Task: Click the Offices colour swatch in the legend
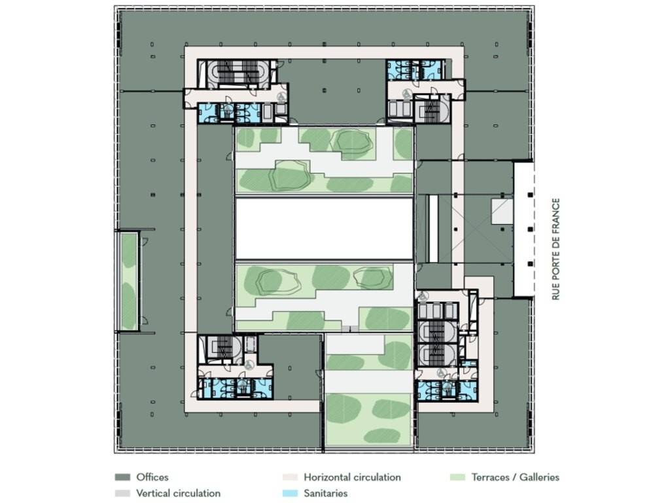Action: [122, 477]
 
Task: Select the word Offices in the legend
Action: [152, 477]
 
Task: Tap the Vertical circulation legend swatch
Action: [122, 493]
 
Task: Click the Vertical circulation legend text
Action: [178, 493]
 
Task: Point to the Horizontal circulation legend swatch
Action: [290, 477]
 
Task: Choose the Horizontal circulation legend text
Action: [352, 477]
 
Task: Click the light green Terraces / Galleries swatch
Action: [457, 477]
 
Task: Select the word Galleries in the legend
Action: [539, 477]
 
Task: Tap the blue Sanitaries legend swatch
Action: [290, 493]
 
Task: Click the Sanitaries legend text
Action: [326, 493]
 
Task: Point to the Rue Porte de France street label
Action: [555, 249]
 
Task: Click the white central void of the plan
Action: [324, 228]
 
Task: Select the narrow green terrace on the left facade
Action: [128, 282]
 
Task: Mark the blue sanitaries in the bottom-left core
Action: [234, 388]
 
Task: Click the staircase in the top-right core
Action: [432, 109]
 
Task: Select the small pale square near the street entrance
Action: [502, 212]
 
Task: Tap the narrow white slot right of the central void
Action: [433, 229]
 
